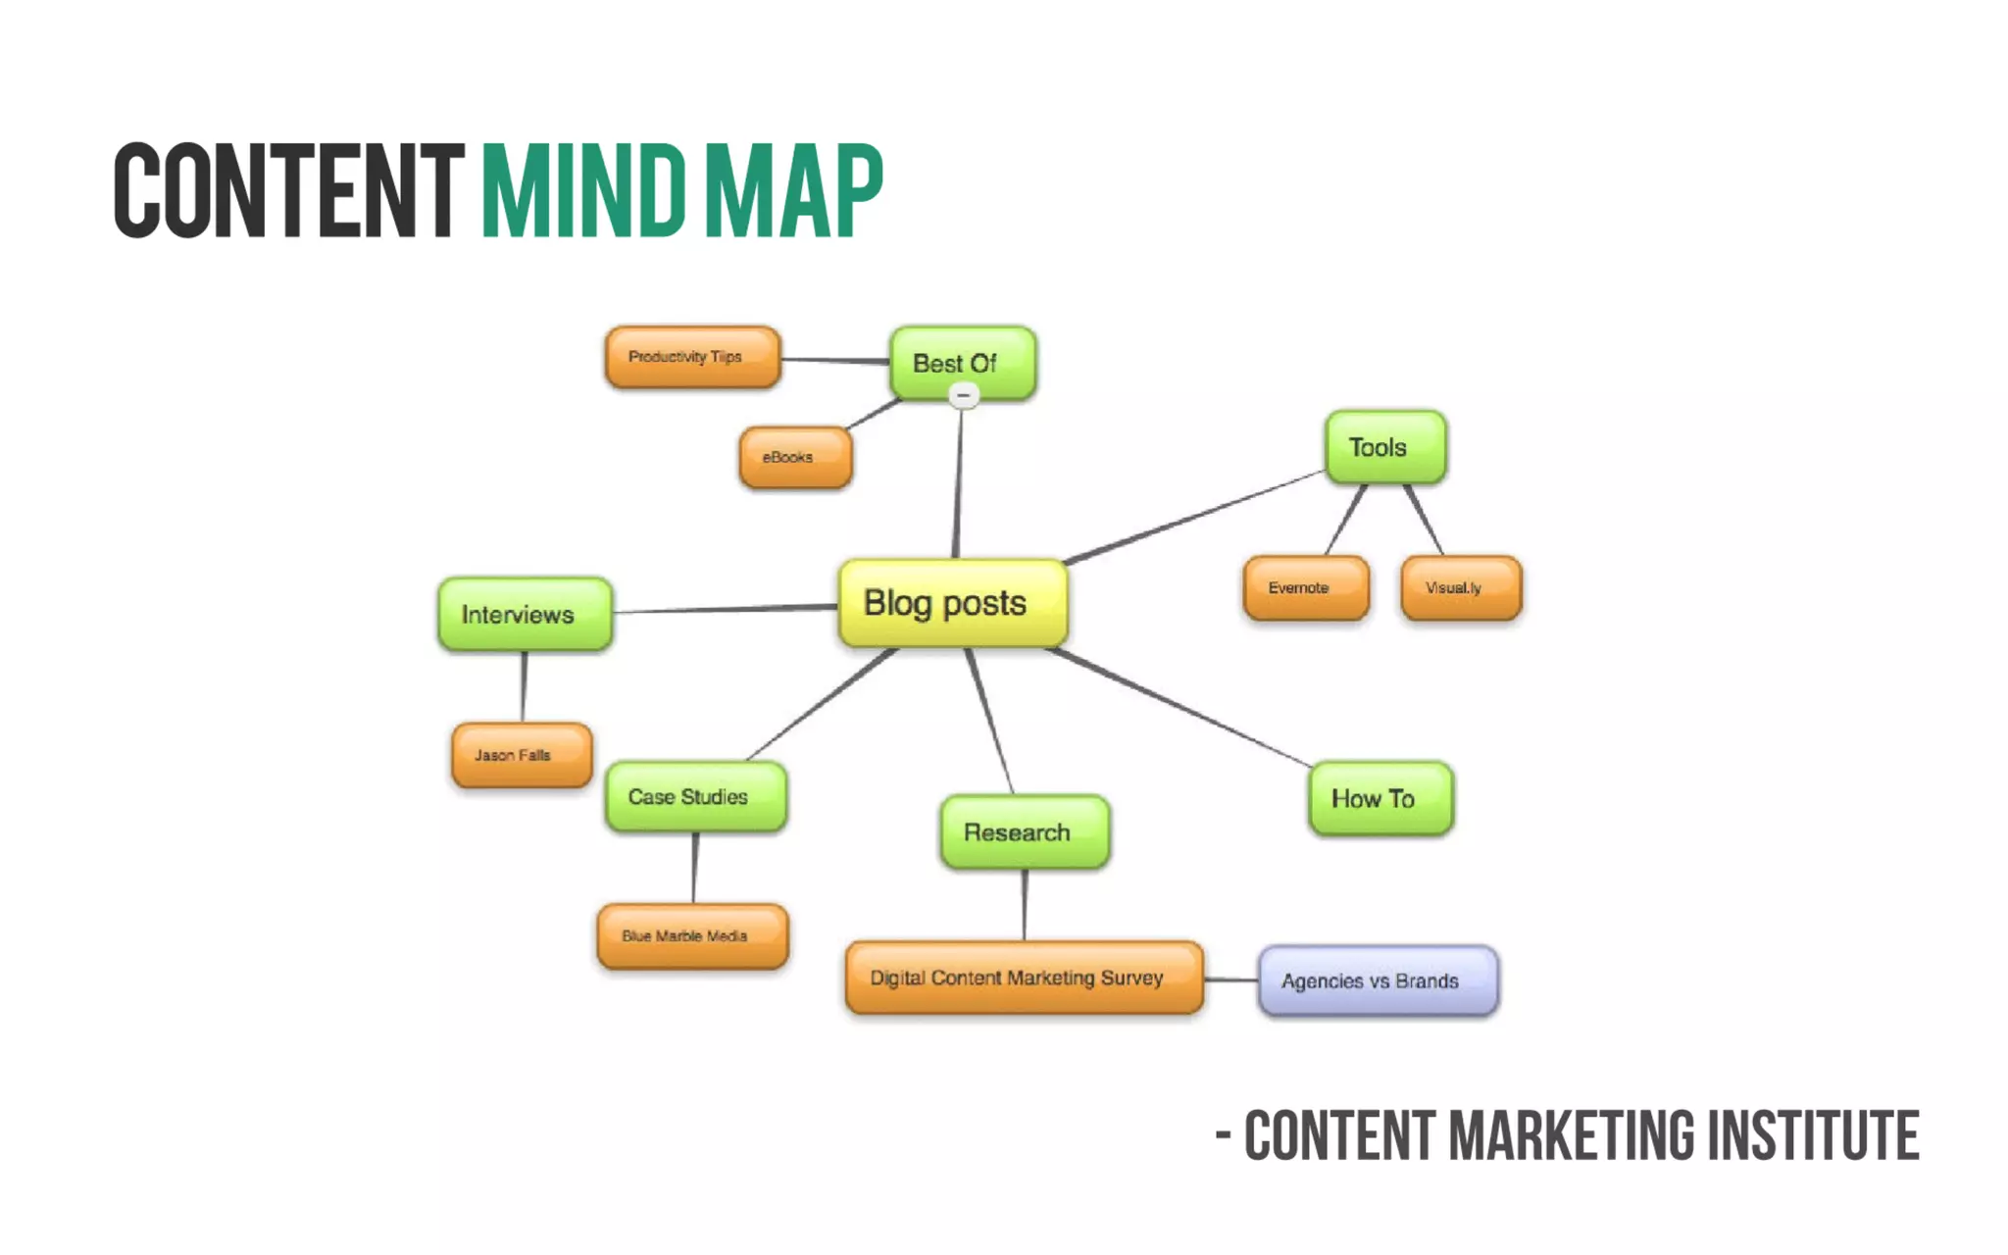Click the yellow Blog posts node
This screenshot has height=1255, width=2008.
952,603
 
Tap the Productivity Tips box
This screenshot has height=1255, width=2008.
692,357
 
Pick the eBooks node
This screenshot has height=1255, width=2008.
795,457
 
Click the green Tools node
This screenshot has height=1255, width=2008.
1384,447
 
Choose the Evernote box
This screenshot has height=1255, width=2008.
1305,588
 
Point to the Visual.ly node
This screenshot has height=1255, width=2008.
1461,588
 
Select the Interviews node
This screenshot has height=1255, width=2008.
525,615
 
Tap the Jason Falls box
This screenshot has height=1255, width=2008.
522,755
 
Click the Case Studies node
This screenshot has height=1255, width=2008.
695,797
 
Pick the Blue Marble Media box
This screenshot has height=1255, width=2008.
692,936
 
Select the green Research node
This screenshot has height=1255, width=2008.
1025,832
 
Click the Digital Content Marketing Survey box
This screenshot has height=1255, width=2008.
1024,978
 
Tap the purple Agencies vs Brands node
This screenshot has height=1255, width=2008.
1378,981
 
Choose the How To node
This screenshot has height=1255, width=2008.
1380,799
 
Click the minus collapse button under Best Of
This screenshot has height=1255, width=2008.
964,396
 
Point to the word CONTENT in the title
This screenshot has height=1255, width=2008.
288,190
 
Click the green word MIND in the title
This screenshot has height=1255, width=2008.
582,190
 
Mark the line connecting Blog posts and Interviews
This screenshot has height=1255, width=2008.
726,609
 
